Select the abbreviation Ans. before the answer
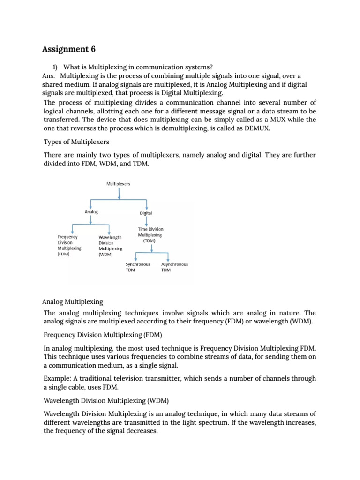(48, 76)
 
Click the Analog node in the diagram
(91, 212)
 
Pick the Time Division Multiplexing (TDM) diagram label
(150, 235)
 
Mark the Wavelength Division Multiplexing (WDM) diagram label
(110, 246)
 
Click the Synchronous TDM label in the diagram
(138, 267)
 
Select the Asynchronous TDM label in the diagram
(174, 267)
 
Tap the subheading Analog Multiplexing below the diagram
(73, 301)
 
